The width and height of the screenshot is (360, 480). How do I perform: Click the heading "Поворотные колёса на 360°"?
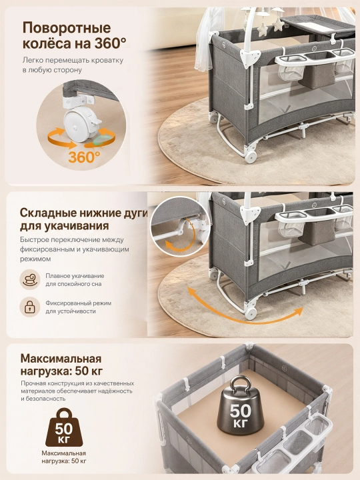(74, 36)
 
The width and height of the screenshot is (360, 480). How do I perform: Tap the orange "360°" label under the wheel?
(84, 157)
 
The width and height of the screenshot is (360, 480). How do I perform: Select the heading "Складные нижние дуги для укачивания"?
(84, 219)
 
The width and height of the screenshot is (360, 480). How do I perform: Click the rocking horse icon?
(30, 279)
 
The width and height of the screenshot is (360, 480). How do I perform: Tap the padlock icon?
(30, 307)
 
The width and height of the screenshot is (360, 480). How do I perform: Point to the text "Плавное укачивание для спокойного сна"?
(75, 280)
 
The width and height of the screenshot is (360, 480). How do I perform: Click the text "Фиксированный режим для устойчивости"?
(79, 307)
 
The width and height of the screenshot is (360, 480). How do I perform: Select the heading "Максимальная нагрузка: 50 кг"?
(61, 365)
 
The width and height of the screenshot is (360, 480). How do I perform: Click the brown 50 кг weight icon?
(64, 427)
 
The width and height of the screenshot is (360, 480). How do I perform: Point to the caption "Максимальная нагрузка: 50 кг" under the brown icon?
(64, 457)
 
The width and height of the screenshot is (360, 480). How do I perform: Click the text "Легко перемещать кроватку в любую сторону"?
(73, 65)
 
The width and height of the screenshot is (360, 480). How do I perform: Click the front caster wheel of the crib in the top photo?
(251, 156)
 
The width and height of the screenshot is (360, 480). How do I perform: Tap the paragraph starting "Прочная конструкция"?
(77, 391)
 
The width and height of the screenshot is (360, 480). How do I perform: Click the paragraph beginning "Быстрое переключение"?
(75, 249)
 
